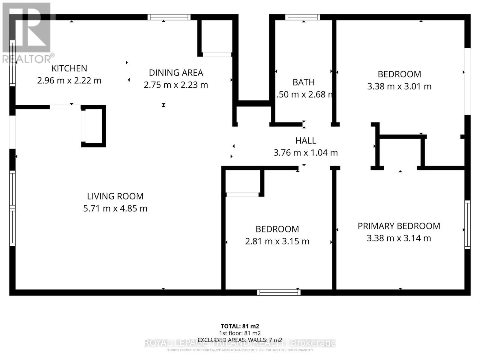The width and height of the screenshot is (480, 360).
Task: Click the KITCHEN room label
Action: pyautogui.click(x=69, y=68)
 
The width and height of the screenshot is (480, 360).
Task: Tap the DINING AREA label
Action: pyautogui.click(x=176, y=73)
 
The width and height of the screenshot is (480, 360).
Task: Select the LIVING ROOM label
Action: pyautogui.click(x=115, y=196)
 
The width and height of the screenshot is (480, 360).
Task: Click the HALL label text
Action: pyautogui.click(x=305, y=140)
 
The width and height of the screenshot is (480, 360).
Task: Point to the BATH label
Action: pyautogui.click(x=304, y=82)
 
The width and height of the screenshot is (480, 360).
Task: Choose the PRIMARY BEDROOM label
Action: pyautogui.click(x=399, y=226)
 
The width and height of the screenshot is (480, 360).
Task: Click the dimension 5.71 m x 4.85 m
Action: pyautogui.click(x=115, y=208)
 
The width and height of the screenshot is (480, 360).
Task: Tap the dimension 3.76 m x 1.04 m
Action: pyautogui.click(x=305, y=153)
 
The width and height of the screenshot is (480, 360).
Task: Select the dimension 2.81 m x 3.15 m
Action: pyautogui.click(x=277, y=241)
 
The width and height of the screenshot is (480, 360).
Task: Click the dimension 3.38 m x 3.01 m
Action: pyautogui.click(x=399, y=87)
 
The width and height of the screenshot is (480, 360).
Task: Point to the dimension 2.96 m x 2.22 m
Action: pyautogui.click(x=69, y=81)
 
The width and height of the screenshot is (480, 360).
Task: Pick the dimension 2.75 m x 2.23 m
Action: pyautogui.click(x=176, y=85)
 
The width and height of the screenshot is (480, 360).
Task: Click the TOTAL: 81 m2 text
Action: pyautogui.click(x=240, y=326)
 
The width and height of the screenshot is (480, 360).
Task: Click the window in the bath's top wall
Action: pyautogui.click(x=302, y=17)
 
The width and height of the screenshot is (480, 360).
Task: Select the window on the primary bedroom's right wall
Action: pyautogui.click(x=467, y=224)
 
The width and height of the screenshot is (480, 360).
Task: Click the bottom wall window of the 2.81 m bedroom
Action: pyautogui.click(x=279, y=292)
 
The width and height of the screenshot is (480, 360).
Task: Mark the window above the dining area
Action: pyautogui.click(x=169, y=17)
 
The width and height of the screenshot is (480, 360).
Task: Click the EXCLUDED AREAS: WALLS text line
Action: pyautogui.click(x=240, y=340)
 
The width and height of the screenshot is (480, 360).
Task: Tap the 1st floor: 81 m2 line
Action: pyautogui.click(x=240, y=333)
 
